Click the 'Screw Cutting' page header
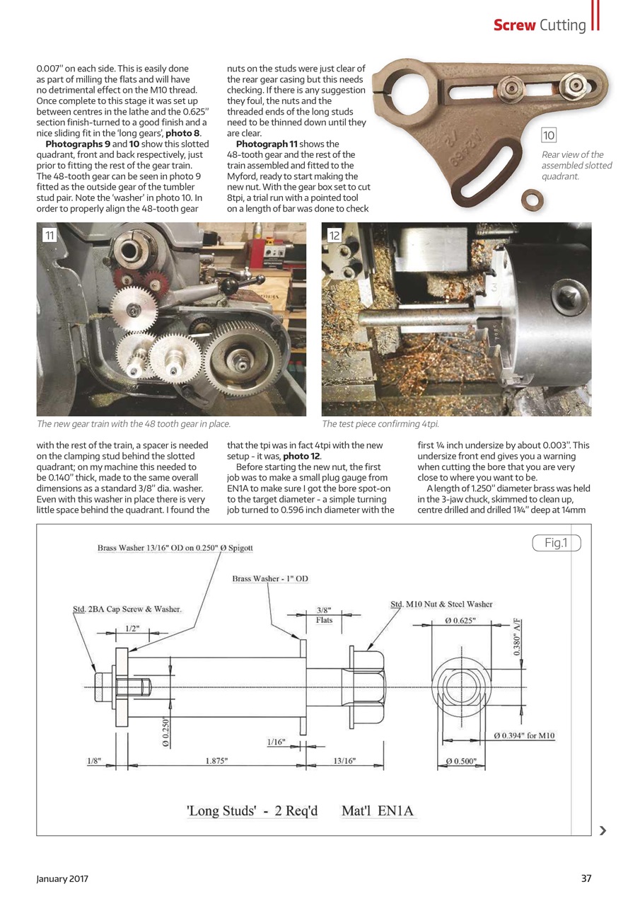[x=540, y=25]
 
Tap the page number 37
[x=586, y=878]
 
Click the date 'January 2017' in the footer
[x=62, y=878]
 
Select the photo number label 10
[x=549, y=135]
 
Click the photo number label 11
[x=49, y=235]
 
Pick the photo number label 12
[x=334, y=235]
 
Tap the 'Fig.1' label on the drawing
[x=556, y=543]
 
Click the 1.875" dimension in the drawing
[x=216, y=761]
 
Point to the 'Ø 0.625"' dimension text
[x=460, y=621]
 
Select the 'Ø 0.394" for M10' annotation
[x=524, y=735]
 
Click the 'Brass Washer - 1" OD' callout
[x=270, y=578]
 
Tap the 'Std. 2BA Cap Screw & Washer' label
[x=127, y=609]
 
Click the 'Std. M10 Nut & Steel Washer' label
[x=441, y=604]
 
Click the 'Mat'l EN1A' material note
[x=378, y=811]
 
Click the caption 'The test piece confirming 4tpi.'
[x=380, y=424]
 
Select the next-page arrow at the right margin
[x=602, y=831]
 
